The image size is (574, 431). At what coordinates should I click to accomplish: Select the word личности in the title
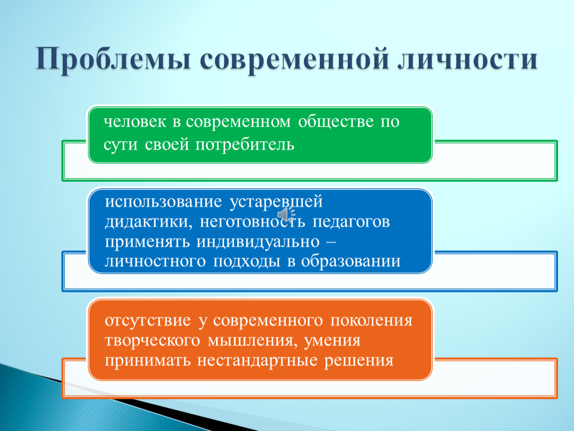click(468, 58)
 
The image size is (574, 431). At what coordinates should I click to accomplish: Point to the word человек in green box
click(135, 122)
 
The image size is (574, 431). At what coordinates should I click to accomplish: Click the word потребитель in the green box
click(245, 145)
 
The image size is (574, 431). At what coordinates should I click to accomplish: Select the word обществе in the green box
click(336, 122)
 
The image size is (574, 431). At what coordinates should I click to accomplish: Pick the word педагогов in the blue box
click(351, 222)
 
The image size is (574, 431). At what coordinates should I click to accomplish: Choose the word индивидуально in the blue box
click(258, 242)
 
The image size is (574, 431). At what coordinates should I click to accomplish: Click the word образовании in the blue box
click(351, 261)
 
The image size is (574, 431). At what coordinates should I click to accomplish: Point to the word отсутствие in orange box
click(148, 320)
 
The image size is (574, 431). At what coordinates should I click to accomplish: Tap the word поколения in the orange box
click(371, 320)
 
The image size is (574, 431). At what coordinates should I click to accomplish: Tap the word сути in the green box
click(120, 145)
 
